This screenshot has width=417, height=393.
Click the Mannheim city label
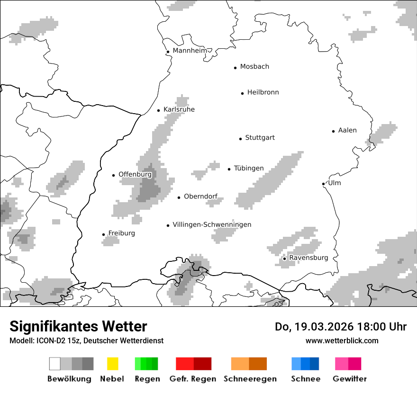pos(190,51)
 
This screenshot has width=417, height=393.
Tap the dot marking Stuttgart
pos(240,139)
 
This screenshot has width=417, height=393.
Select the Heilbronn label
pos(263,92)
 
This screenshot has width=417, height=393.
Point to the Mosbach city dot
pos(235,68)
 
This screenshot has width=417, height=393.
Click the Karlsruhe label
pos(179,109)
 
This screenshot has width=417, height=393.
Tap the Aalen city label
pos(347,130)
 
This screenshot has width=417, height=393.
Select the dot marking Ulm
pos(323,184)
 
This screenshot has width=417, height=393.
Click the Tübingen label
pos(249,168)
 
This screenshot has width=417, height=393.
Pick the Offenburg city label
pos(135,174)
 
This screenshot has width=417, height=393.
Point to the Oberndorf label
pos(200,196)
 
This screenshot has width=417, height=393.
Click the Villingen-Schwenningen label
pos(212,224)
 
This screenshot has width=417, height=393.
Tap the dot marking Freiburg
pos(103,234)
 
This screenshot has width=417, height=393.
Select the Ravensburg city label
pos(308,258)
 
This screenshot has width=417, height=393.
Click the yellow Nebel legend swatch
pos(113,364)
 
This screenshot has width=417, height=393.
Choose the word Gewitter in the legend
pos(349,379)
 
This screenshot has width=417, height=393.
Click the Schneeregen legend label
pos(250,379)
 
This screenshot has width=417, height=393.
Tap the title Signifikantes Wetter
pos(78,326)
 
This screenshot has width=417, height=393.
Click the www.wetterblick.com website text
pos(342,340)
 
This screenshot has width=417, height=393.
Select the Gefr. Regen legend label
pos(192,379)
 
